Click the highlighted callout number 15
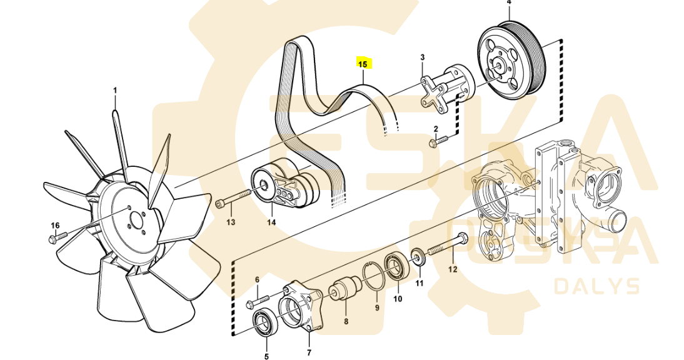(x=363, y=63)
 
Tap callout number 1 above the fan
(x=115, y=91)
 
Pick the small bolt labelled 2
(x=440, y=141)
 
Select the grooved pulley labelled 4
(x=511, y=62)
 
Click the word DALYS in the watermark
(x=597, y=287)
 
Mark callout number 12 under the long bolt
(x=453, y=270)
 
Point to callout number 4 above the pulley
(x=508, y=3)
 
